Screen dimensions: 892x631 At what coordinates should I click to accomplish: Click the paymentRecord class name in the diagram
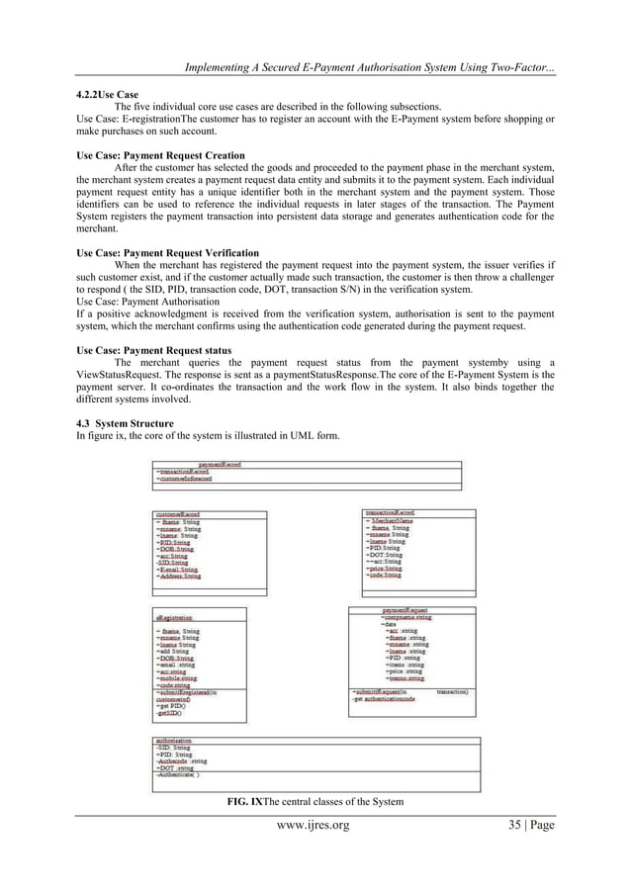pos(220,464)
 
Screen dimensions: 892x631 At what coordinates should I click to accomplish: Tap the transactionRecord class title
pos(390,513)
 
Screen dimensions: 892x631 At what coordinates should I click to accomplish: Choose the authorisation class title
pos(173,739)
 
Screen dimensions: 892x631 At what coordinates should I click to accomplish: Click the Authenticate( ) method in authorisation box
pos(179,774)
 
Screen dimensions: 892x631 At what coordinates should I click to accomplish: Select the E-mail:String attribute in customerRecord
pos(178,570)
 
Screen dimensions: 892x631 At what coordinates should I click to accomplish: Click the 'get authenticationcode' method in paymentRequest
pos(387,699)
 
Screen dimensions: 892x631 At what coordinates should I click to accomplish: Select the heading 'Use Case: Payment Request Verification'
pos(167,253)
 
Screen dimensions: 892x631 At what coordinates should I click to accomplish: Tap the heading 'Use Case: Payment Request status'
pos(153,351)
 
